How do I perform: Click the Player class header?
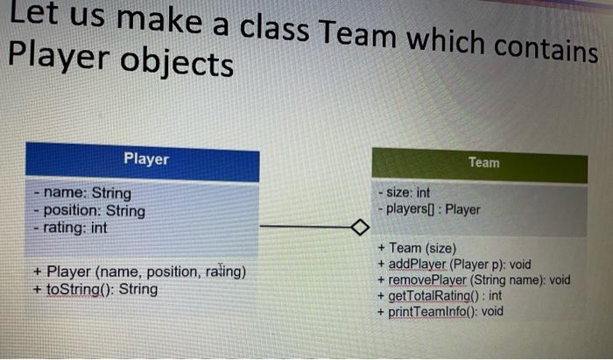[145, 159]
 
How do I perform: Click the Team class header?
[483, 163]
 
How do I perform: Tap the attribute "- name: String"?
[81, 193]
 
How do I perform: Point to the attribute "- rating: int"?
[70, 228]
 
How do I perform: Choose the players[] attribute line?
[429, 209]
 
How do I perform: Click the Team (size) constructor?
[417, 249]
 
